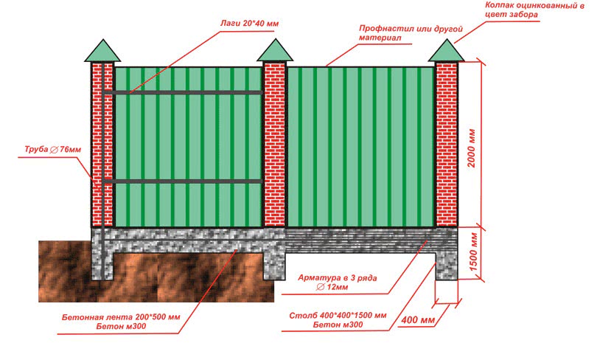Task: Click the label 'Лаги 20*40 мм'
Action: (x=249, y=24)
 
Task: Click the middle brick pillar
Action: (x=274, y=144)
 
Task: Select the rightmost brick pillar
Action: (x=447, y=144)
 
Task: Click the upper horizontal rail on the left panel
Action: (x=188, y=92)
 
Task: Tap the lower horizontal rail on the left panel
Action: (x=188, y=181)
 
